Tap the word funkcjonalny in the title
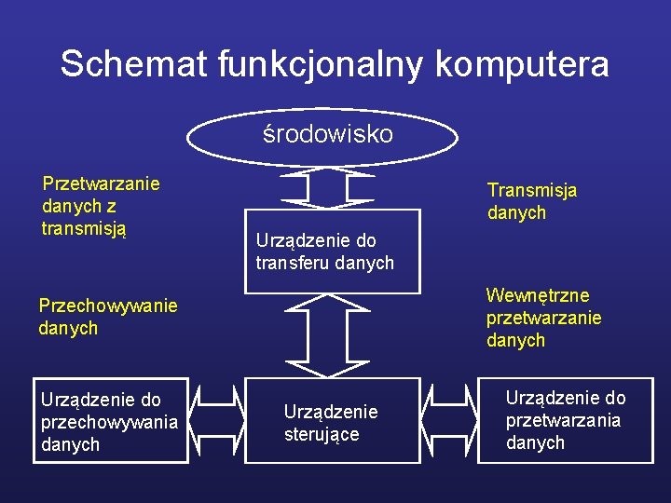(x=322, y=64)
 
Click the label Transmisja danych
(x=531, y=201)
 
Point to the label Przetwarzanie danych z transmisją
(x=100, y=206)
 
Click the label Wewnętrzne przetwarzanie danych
(x=543, y=318)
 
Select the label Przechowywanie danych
(x=107, y=317)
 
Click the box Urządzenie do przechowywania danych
(x=110, y=421)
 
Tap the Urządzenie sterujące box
(x=332, y=422)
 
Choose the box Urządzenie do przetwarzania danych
(x=566, y=420)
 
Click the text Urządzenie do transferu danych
(x=324, y=251)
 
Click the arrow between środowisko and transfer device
(x=322, y=190)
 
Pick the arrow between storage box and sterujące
(x=217, y=420)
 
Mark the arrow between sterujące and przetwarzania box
(x=450, y=420)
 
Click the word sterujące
(x=322, y=434)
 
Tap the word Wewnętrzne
(x=538, y=295)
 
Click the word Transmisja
(x=531, y=190)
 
